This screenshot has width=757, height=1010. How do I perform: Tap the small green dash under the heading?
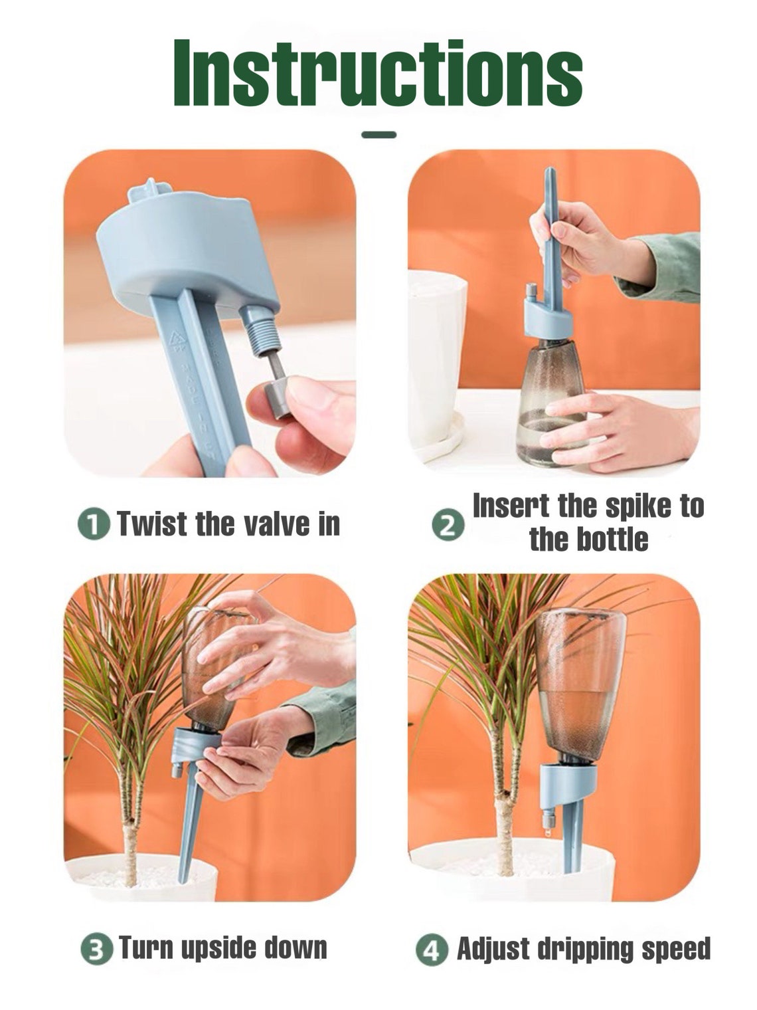[378, 135]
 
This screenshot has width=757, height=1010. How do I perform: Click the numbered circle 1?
[94, 524]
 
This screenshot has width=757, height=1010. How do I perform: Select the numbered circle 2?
[448, 526]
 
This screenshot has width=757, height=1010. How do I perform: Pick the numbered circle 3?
[97, 949]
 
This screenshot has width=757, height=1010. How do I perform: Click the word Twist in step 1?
[152, 524]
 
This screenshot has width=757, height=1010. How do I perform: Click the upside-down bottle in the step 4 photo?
[579, 684]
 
